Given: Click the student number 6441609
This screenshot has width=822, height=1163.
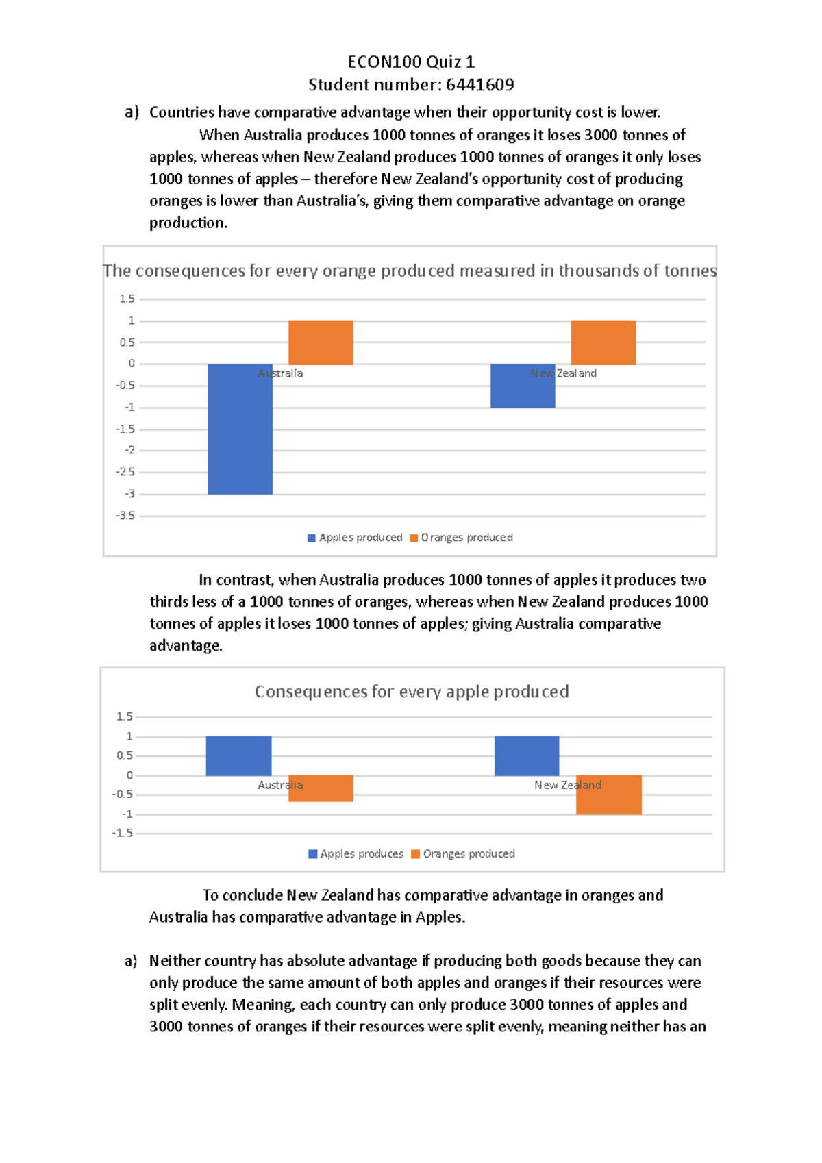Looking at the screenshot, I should point(480,85).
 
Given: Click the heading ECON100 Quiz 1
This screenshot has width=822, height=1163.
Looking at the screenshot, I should point(411,62).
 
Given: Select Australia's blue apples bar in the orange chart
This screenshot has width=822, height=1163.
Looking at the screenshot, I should point(240,429).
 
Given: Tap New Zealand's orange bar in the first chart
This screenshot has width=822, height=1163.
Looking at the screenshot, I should point(603,342).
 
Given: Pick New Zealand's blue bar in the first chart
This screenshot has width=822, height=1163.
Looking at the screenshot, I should point(523,386).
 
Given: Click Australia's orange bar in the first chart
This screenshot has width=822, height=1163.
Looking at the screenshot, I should point(321,342).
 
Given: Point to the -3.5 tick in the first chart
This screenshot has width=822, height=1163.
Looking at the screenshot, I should point(126,516).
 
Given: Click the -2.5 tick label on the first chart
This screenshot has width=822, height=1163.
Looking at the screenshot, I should point(126,472).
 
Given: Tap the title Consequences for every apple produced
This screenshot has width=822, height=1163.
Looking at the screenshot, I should point(412,692).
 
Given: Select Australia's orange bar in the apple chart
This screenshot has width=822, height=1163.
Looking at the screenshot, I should point(321,788).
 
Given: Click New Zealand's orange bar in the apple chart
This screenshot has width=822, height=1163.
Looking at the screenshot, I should point(608,795).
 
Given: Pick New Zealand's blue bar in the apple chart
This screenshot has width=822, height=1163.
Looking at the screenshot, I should point(527,756).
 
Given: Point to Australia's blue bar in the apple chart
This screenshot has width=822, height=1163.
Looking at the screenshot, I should point(238,756).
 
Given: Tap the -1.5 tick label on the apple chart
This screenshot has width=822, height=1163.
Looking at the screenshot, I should point(123,834).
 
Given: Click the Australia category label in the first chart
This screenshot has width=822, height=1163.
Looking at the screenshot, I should point(280,373).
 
